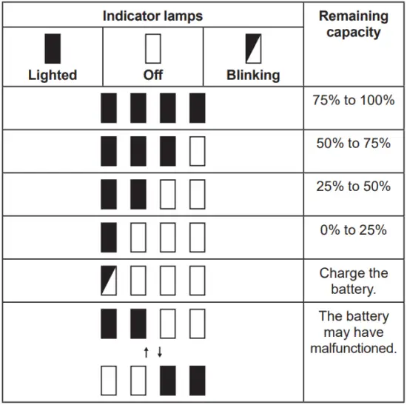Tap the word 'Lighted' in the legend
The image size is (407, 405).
[52, 75]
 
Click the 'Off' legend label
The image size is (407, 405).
[153, 75]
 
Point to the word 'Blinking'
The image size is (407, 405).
[253, 75]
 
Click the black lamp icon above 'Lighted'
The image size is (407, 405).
[53, 49]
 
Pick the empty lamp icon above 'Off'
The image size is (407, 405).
[153, 49]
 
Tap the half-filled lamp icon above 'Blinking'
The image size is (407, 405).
[253, 49]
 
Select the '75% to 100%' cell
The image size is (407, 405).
[354, 101]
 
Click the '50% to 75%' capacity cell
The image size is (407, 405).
[354, 144]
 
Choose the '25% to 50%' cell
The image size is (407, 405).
[354, 187]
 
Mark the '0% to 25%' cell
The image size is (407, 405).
[354, 230]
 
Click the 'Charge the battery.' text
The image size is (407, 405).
[354, 281]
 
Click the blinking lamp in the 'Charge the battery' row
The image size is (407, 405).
[110, 281]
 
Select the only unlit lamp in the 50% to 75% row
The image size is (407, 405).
[197, 152]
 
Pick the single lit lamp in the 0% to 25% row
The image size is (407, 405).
[110, 238]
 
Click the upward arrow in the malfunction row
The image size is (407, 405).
[147, 352]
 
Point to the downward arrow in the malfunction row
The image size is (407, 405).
[159, 352]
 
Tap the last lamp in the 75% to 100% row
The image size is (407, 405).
[197, 108]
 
